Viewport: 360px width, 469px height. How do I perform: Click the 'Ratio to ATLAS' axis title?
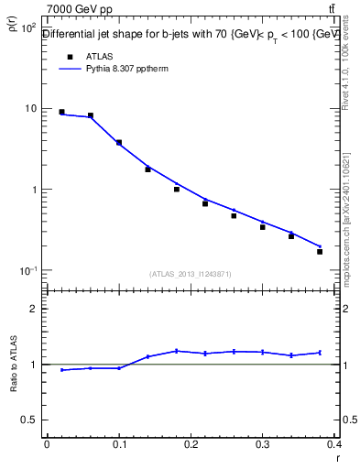tap(13, 365)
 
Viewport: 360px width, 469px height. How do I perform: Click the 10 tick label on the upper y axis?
tap(30, 109)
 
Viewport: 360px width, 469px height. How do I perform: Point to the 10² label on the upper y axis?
tap(28, 27)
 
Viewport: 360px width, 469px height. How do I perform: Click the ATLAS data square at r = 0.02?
tap(61, 112)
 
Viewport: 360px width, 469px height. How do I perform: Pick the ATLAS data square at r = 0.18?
tap(177, 190)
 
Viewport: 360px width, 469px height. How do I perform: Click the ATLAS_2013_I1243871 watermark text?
tap(190, 274)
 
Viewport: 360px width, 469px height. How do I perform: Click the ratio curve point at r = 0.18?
tap(177, 351)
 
